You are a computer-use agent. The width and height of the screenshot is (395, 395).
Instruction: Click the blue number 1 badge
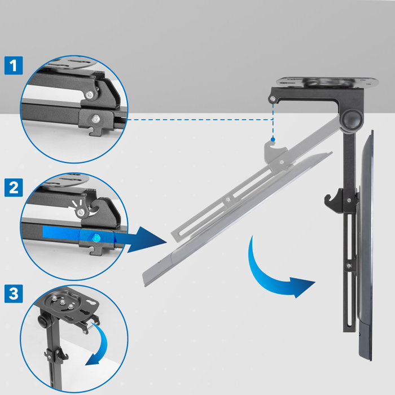pos(14,65)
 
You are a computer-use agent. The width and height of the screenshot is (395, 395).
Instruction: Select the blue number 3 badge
pos(14,293)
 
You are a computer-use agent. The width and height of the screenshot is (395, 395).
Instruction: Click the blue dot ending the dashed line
pos(273,139)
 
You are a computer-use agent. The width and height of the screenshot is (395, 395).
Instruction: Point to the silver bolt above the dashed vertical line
pos(273,99)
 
